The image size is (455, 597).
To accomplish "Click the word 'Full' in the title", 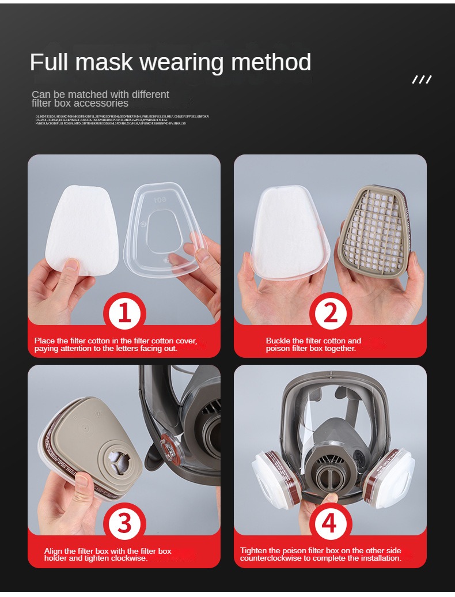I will pyautogui.click(x=50, y=62).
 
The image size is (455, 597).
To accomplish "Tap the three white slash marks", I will pyautogui.click(x=422, y=80).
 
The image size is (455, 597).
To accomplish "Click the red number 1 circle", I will pyautogui.click(x=124, y=313).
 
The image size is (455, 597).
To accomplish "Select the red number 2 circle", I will pyautogui.click(x=331, y=313).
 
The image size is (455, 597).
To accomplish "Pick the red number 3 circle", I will pyautogui.click(x=124, y=523).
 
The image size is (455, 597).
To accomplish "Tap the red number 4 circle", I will pyautogui.click(x=329, y=523).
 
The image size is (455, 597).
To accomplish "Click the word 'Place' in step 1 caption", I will pyautogui.click(x=44, y=341).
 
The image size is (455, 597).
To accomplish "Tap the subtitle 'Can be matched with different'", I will pyautogui.click(x=100, y=95).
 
